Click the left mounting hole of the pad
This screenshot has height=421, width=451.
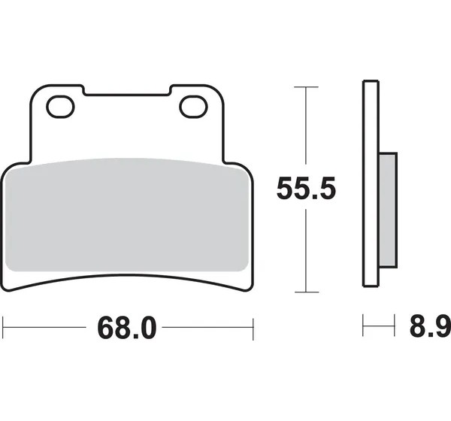pos(60,107)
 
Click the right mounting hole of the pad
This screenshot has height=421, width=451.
pos(194,107)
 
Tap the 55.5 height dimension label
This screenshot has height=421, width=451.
pos(306,188)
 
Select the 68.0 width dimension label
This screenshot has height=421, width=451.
pos(127,328)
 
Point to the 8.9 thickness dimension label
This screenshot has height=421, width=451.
pos(430,326)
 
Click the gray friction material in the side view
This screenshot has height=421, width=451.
pos(388,210)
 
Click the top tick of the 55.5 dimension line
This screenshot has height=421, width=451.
pos(307,86)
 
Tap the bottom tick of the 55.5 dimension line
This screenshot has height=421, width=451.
pos(307,292)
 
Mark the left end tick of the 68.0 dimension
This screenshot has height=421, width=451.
pos(3,327)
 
